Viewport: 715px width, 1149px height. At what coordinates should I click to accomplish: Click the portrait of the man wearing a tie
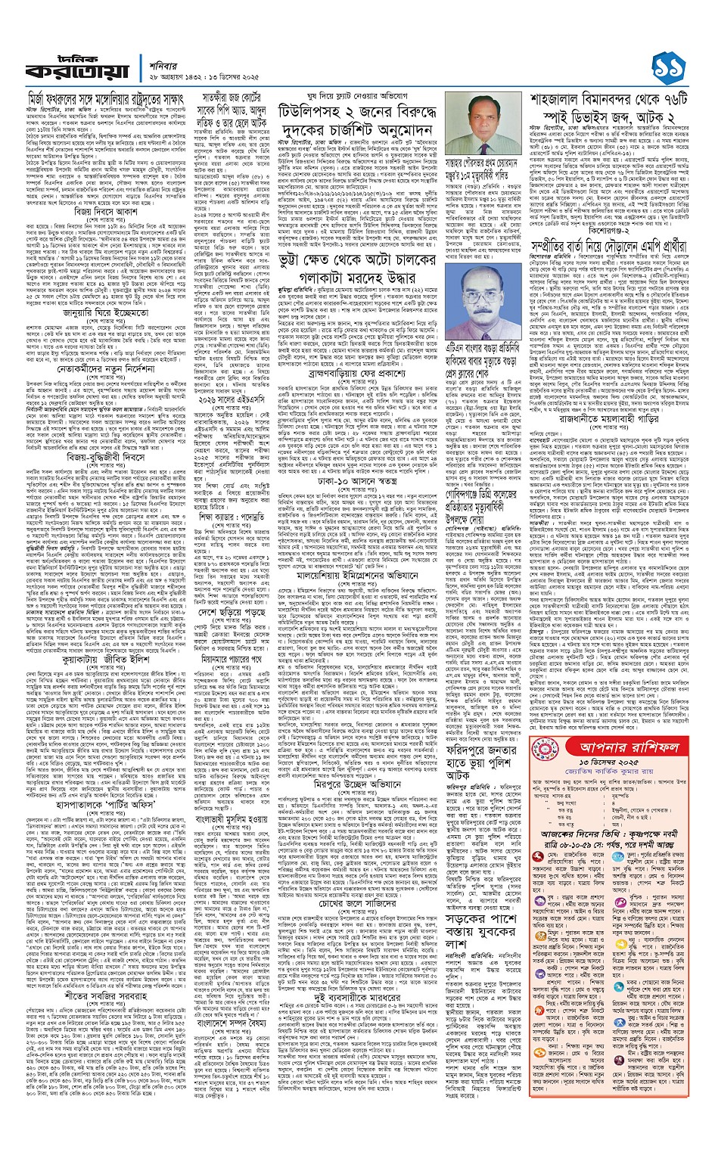click(x=490, y=125)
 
